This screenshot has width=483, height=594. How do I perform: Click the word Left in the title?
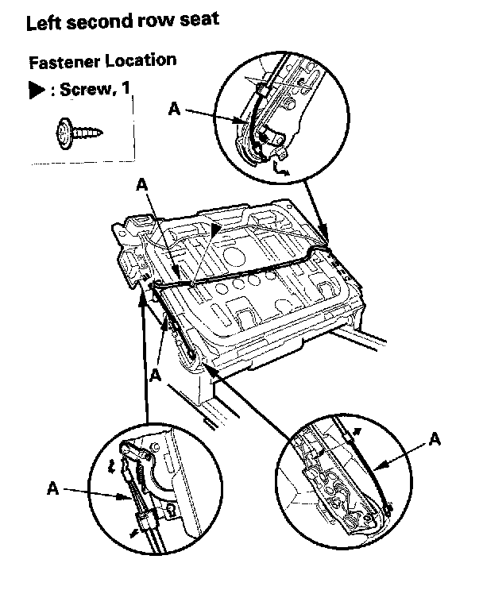point(43,23)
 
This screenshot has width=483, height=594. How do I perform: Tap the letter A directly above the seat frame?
point(141,184)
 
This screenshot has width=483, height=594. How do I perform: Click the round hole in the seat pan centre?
point(235,256)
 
